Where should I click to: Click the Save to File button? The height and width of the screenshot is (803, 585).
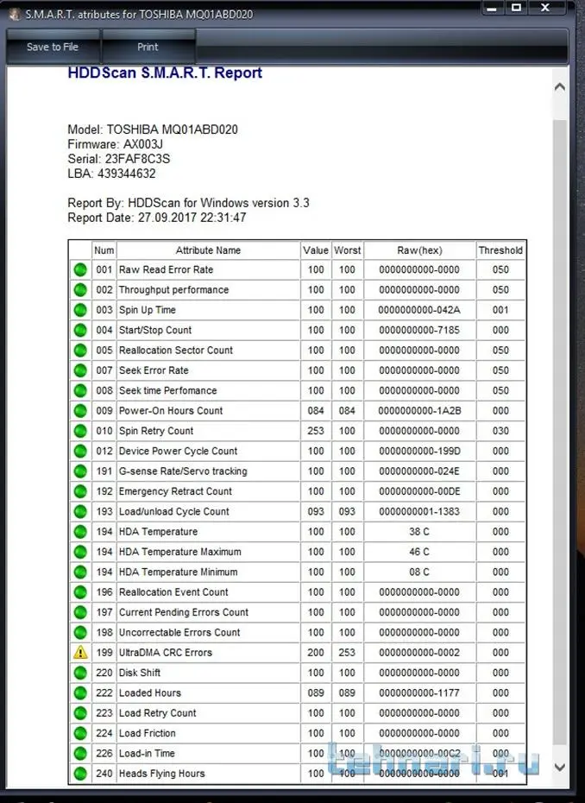point(53,47)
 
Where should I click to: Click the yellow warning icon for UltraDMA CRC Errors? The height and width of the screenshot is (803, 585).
point(80,653)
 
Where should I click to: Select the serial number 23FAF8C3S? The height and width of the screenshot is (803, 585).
point(138,159)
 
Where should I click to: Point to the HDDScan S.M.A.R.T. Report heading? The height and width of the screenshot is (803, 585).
point(165,73)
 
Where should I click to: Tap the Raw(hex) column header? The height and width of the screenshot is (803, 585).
point(419,250)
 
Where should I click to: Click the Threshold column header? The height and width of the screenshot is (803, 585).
point(500,250)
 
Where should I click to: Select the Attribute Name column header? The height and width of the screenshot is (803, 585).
point(208,250)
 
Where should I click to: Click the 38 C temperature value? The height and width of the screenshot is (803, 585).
point(419,532)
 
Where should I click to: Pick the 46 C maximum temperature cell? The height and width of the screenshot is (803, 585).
point(419,552)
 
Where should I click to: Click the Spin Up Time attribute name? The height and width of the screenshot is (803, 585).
point(148,310)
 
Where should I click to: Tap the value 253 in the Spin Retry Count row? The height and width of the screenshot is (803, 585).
point(316,431)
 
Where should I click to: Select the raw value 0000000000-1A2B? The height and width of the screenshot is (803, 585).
point(419,411)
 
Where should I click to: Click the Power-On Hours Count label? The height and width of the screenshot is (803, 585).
point(171,411)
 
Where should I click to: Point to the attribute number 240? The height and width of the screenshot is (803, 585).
point(104,774)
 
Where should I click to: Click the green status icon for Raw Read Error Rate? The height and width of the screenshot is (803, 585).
point(80,270)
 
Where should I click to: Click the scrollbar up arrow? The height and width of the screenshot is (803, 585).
point(559,87)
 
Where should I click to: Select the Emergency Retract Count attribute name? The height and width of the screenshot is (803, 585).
point(175,491)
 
